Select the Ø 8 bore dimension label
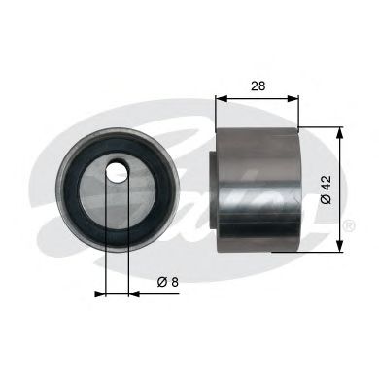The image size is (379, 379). pos(166,282)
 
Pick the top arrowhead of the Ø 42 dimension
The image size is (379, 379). pos(338,131)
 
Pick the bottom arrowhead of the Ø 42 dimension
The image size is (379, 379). pos(338,248)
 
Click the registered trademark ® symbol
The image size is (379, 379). pos(348,225)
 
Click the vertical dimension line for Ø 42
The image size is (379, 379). pos(338,189)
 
